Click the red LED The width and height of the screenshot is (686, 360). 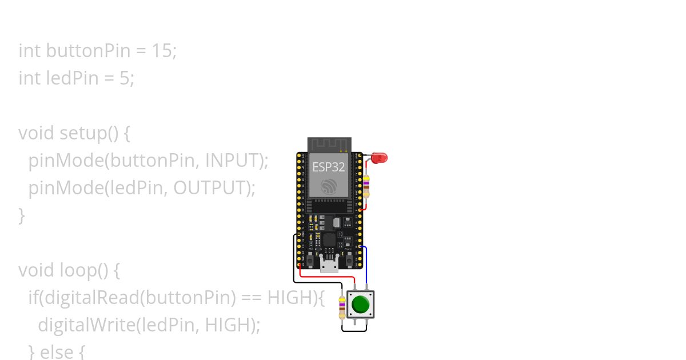(379, 157)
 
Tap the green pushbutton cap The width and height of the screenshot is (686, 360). (360, 304)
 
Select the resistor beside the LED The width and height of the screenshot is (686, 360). (366, 186)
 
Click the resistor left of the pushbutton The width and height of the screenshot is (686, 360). (342, 307)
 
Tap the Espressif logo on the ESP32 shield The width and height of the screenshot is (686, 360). (329, 186)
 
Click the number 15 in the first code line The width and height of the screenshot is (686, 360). (162, 51)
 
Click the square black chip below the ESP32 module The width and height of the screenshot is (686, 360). (329, 239)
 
